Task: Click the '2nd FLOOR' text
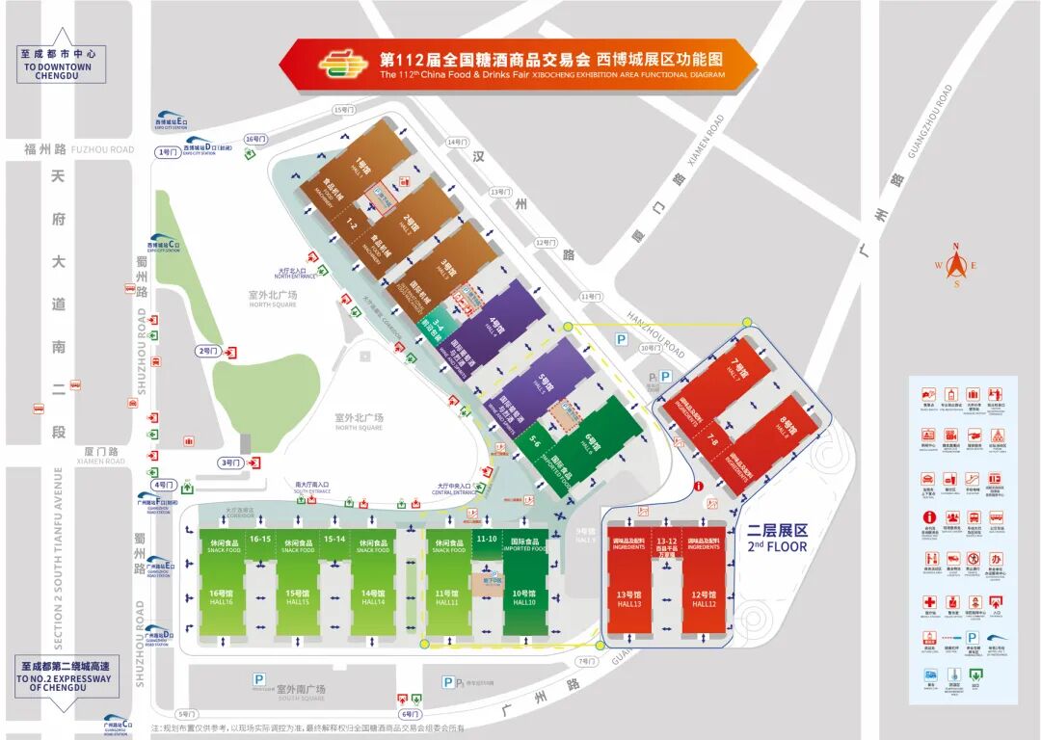(776, 546)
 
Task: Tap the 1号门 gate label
(167, 152)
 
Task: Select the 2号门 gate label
(208, 351)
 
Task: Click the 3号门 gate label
(232, 462)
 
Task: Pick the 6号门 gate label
(410, 714)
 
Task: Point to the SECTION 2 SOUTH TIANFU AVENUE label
(58, 559)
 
